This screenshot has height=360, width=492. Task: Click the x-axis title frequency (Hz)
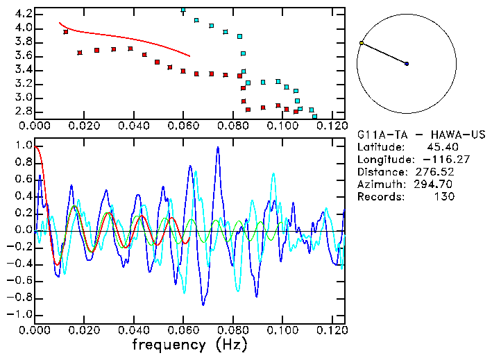[x=189, y=344]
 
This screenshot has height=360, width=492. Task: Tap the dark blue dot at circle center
[x=407, y=64]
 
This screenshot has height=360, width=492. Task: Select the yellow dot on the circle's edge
[x=362, y=43]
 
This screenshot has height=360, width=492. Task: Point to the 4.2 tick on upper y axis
[x=23, y=14]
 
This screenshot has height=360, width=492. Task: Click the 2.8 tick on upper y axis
[x=23, y=111]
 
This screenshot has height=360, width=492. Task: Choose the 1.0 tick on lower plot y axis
[x=23, y=146]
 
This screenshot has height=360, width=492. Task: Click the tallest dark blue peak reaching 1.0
[x=218, y=147]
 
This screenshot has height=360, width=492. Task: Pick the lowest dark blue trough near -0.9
[x=203, y=304]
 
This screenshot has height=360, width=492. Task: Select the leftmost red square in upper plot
[x=66, y=32]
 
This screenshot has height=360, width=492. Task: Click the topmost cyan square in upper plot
[x=183, y=10]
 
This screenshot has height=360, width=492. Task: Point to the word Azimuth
[x=379, y=184]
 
